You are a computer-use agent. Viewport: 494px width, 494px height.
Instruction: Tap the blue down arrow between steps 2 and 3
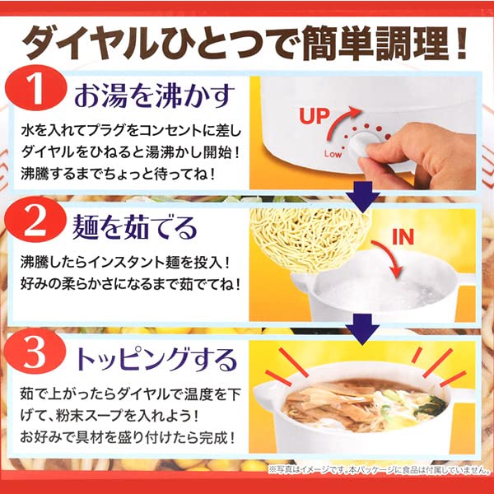coord(361,329)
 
